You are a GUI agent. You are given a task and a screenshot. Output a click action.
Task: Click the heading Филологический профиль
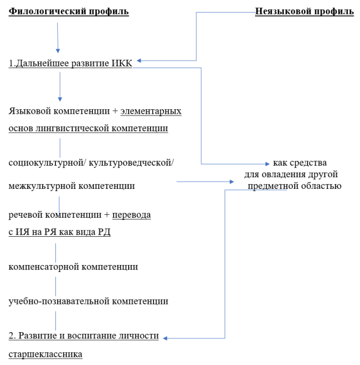(x=69, y=12)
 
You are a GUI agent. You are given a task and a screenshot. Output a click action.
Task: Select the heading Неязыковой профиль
(x=305, y=12)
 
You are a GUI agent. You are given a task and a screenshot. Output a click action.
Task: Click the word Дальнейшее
(x=42, y=64)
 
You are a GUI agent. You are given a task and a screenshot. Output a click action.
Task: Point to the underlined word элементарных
(x=151, y=111)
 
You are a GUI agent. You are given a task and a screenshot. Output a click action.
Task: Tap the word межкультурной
(x=42, y=186)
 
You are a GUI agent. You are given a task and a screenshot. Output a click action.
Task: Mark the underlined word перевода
(x=132, y=215)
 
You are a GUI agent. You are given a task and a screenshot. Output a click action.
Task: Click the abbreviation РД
(x=104, y=232)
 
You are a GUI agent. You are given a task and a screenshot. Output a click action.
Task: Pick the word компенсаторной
(x=44, y=267)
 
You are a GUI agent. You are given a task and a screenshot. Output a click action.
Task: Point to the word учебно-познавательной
(x=59, y=301)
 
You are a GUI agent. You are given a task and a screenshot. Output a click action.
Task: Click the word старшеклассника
(x=46, y=354)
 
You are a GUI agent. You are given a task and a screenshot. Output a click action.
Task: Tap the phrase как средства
(x=300, y=163)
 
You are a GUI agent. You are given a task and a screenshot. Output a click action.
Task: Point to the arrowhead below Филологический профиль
(x=58, y=51)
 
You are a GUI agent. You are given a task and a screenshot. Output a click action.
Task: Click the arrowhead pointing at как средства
(x=268, y=164)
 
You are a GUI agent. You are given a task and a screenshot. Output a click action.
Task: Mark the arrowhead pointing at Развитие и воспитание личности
(x=165, y=338)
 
